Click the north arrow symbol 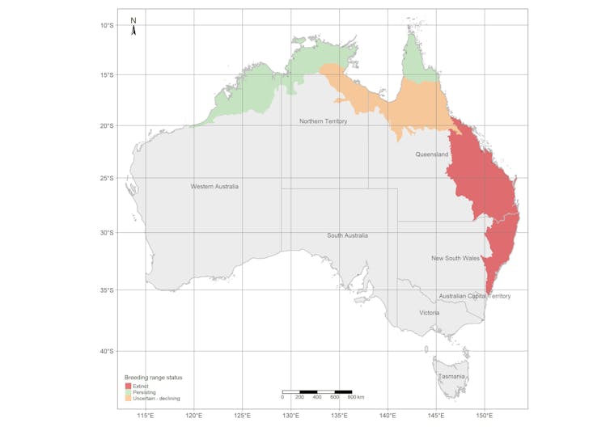tap(134, 28)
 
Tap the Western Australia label tap(214, 187)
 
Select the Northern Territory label tap(323, 121)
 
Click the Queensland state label tap(432, 154)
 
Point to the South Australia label tap(347, 235)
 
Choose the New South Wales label tap(455, 259)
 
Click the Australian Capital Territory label tap(475, 296)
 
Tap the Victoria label tap(430, 312)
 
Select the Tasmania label tap(451, 377)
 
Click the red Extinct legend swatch tap(127, 387)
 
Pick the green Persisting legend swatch tap(127, 392)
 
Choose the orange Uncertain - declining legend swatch tap(127, 399)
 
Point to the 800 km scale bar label tap(356, 398)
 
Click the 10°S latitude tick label tap(107, 25)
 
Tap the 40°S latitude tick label tap(107, 352)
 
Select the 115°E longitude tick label tap(146, 416)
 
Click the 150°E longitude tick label tap(485, 416)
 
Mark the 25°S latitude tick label tap(107, 178)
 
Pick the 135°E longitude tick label tap(339, 416)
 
